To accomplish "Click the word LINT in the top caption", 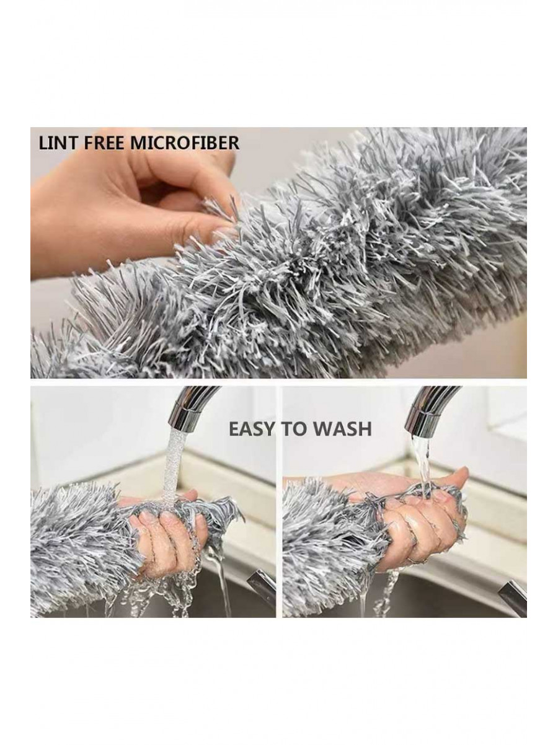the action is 58,143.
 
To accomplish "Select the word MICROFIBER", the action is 185,143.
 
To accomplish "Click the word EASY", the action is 252,429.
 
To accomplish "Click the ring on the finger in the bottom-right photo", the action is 412,570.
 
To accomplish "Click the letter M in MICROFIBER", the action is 138,143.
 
